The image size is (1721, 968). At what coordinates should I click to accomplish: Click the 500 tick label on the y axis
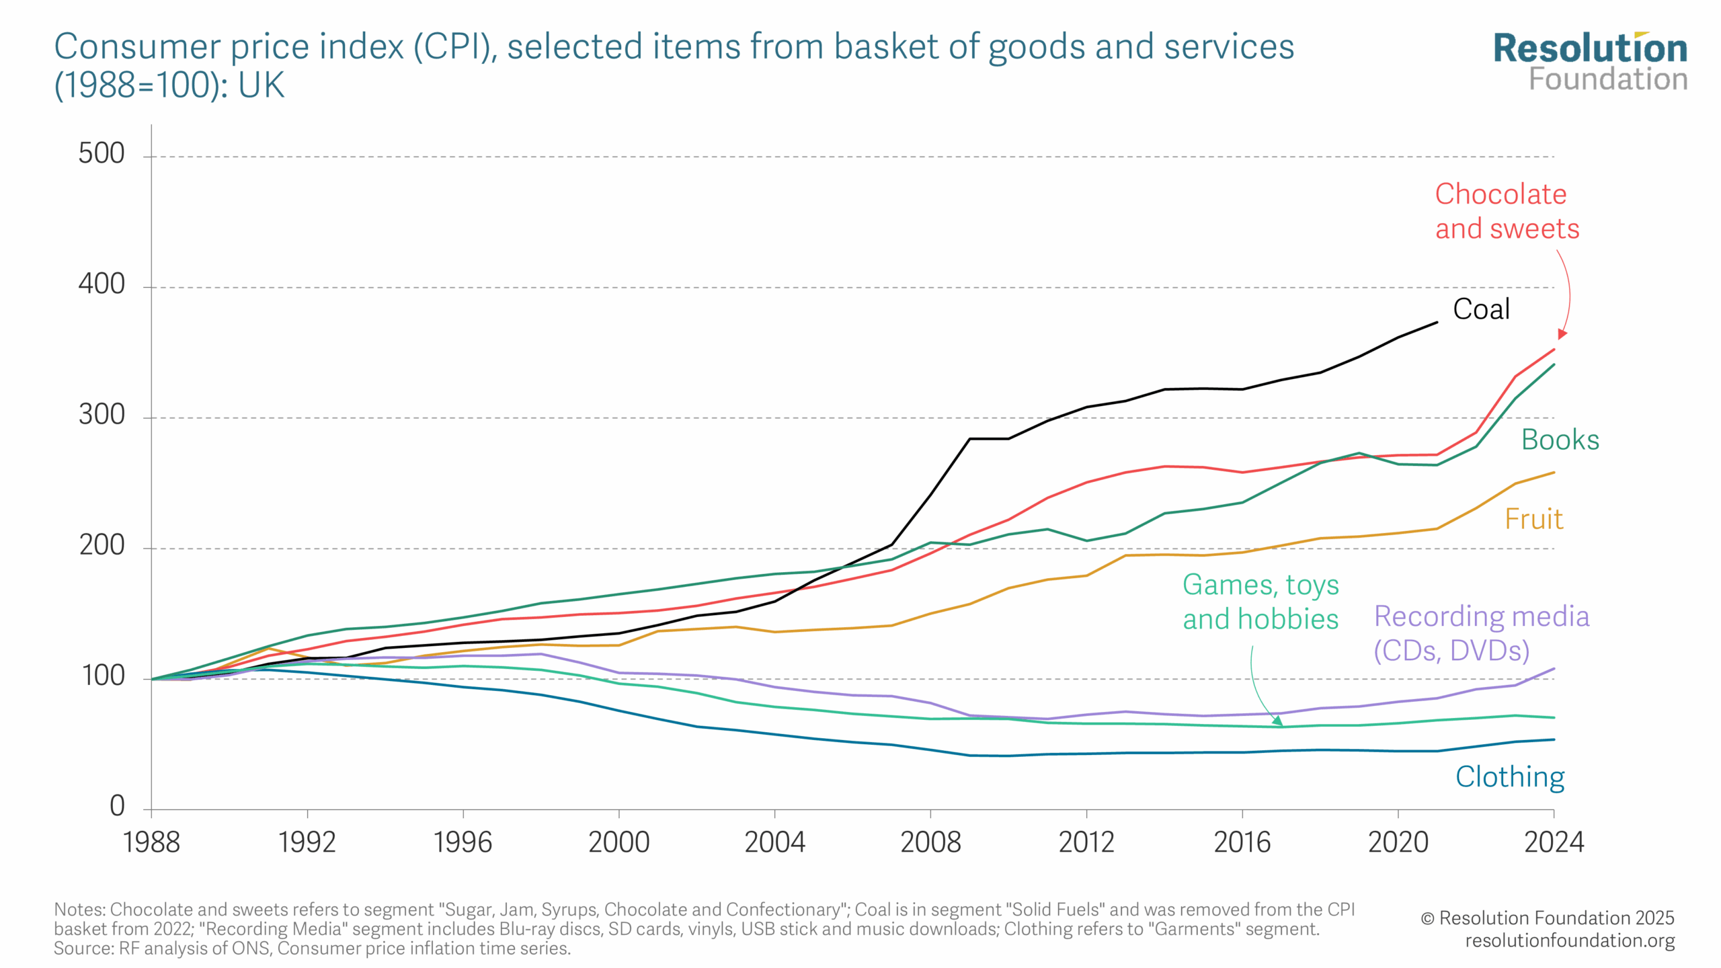tap(102, 153)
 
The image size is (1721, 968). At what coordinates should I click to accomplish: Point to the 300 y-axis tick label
tap(102, 415)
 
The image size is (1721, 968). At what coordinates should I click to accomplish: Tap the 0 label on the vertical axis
tap(117, 805)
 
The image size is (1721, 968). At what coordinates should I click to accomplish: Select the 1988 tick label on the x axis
tap(151, 842)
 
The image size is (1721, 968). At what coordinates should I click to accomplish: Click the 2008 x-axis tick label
tap(930, 842)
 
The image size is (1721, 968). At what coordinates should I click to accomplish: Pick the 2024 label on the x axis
tap(1554, 842)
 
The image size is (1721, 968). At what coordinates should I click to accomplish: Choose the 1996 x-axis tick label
tap(463, 842)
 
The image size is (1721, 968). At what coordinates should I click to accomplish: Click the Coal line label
tap(1481, 309)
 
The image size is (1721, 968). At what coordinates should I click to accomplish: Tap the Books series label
tap(1560, 440)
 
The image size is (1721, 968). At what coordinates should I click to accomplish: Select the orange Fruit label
tap(1533, 519)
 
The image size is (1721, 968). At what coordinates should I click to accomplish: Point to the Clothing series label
tap(1510, 777)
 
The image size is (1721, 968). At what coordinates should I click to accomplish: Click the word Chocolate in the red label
tap(1500, 194)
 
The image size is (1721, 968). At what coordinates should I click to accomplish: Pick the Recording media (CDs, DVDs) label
tap(1481, 633)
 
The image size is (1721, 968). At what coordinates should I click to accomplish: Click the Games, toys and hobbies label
tap(1260, 602)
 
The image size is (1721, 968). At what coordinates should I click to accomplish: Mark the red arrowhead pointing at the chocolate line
tap(1562, 334)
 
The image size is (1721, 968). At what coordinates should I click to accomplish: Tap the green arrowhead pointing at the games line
tap(1277, 721)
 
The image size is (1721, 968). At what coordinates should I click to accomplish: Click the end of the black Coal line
tap(1437, 323)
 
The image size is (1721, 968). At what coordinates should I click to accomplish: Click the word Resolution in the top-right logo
tap(1590, 48)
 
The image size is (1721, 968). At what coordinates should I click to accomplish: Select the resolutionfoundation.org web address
tap(1570, 940)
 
